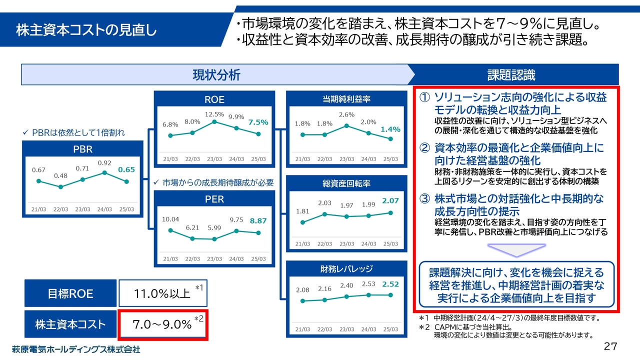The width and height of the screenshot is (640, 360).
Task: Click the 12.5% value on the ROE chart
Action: coord(214,114)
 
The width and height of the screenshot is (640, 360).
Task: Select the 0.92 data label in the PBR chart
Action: coord(104,163)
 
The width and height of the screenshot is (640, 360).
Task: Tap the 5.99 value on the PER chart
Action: coord(214,228)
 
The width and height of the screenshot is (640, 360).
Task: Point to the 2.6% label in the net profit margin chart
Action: coord(346,115)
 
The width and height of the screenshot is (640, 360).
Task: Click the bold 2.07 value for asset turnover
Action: coord(390,200)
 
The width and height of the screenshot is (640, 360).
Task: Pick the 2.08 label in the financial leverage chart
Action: coord(302,290)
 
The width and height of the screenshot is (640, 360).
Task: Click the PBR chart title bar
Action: coord(82,149)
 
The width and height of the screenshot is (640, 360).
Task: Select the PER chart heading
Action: coord(214,199)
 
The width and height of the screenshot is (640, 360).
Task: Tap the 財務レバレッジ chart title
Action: coord(346,268)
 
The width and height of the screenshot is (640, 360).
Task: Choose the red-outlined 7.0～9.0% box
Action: coord(162,324)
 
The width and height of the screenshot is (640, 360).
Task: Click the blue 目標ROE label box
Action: coord(70,293)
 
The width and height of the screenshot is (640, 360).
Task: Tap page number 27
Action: coord(610,346)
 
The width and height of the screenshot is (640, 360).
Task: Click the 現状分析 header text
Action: coord(216,75)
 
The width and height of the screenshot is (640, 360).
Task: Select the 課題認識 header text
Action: coord(511,75)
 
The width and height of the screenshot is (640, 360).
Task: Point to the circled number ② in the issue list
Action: coord(424,148)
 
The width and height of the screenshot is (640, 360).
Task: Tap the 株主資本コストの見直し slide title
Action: coord(86,30)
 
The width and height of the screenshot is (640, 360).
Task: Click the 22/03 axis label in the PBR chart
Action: coord(60,209)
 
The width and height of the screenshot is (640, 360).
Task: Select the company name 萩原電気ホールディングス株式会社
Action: coord(76,349)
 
